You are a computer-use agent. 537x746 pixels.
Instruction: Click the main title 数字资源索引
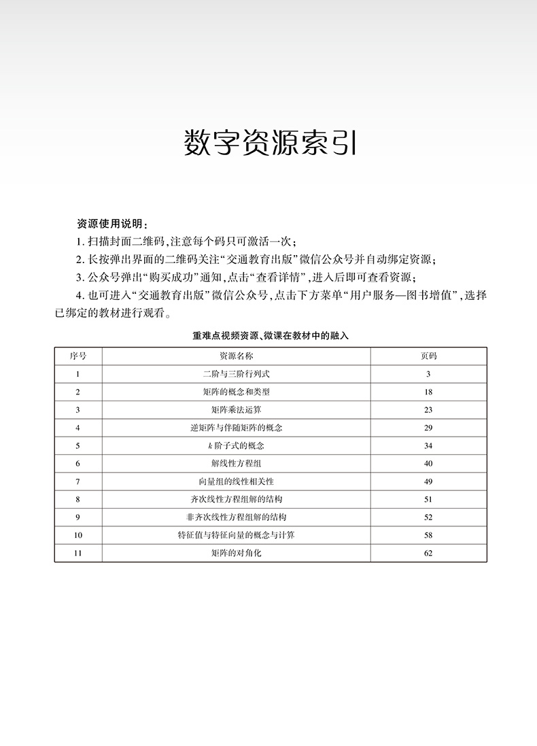(x=270, y=143)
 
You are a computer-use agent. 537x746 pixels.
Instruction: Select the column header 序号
(x=78, y=356)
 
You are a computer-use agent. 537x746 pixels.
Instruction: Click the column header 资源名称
(x=236, y=356)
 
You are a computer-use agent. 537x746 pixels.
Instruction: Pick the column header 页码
(x=428, y=356)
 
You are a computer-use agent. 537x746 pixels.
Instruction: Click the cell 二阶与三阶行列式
(x=236, y=374)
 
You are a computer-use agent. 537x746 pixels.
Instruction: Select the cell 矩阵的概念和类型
(x=236, y=392)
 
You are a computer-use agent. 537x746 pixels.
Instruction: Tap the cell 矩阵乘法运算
(x=236, y=410)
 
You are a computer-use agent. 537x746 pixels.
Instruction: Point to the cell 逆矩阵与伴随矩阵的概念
(x=236, y=428)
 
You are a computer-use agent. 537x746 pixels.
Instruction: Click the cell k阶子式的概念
(x=236, y=446)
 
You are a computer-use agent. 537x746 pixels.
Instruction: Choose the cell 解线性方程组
(x=236, y=464)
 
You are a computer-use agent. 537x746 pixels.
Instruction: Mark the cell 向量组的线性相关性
(x=236, y=481)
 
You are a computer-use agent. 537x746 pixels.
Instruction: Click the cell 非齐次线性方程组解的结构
(x=236, y=518)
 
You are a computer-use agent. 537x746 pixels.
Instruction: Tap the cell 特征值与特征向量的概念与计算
(x=236, y=535)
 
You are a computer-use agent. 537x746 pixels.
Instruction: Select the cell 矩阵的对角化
(x=236, y=554)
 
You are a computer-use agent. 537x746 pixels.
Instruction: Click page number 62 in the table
(x=428, y=554)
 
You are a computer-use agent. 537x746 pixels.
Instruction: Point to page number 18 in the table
(x=428, y=392)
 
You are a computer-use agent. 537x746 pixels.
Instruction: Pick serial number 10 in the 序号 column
(x=78, y=535)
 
